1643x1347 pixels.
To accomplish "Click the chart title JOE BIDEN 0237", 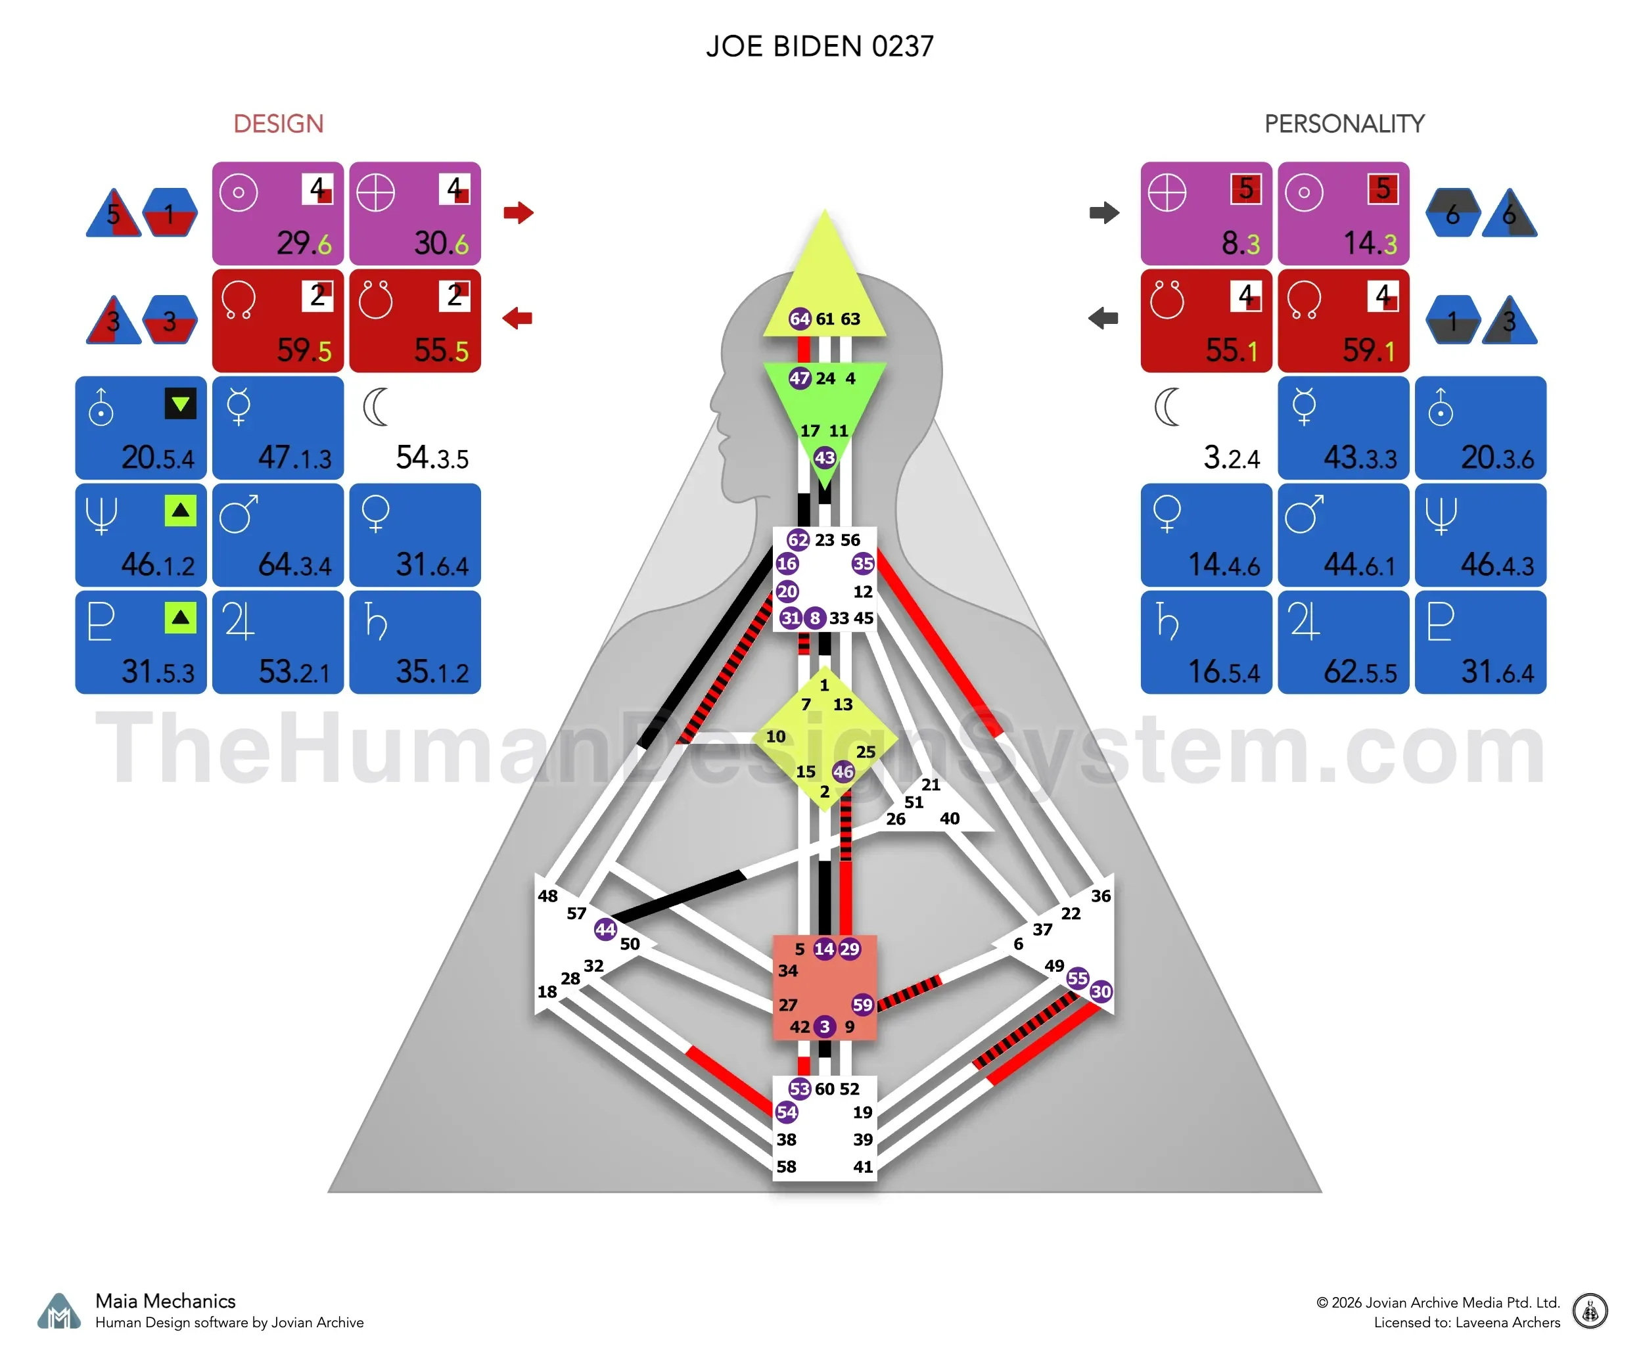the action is pos(820,47).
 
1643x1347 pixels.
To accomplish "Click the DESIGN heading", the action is pos(278,124).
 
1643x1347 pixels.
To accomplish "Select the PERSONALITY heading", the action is pos(1344,124).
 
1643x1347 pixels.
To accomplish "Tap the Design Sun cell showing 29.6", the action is pos(278,214).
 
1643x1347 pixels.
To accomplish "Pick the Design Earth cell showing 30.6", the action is pos(415,214).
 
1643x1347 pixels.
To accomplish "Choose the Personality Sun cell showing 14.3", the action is pos(1343,214).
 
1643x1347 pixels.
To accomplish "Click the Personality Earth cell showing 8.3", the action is pos(1206,214).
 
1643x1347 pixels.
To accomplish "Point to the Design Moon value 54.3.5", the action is pos(432,458).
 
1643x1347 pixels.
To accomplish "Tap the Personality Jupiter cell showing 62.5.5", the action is pos(1343,643).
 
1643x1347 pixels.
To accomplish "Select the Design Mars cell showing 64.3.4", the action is pos(278,536).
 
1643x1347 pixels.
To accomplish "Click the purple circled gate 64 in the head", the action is pos(799,319).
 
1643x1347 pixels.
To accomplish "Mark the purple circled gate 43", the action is pos(824,458).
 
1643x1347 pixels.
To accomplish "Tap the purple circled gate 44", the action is pos(605,929).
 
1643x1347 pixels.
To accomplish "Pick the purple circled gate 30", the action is pos(1101,991).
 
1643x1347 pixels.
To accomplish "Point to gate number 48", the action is pos(548,896).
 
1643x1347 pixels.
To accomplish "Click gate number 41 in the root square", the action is pos(863,1167).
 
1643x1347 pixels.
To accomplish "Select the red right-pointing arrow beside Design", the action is pos(519,212).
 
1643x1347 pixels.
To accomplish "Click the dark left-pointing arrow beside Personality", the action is pos(1103,317).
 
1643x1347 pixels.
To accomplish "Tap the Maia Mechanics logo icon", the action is pos(59,1312).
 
